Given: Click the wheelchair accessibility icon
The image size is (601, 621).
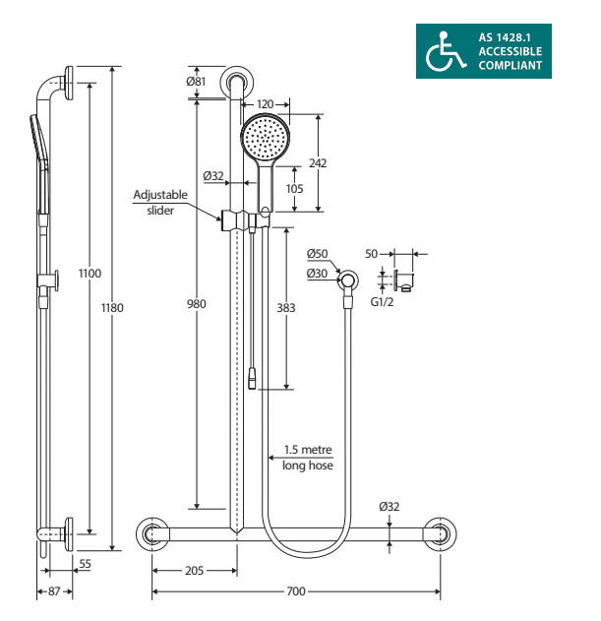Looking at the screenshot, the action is coord(445,52).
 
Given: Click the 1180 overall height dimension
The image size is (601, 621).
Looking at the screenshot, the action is coord(112,308).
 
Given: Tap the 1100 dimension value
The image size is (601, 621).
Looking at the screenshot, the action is coord(90,274).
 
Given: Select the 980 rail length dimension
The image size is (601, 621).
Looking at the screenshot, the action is coord(197,304).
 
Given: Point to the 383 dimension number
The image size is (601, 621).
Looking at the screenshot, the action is coord(286,308).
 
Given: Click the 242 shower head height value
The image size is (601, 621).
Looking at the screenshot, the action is coord(318,162).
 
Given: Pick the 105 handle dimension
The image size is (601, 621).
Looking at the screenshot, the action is coord(294,189).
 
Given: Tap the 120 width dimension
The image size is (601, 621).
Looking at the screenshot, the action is coord(265,104).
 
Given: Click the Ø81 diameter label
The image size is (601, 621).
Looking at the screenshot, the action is coord(196,81).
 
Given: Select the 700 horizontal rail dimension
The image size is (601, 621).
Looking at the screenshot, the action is coord(296,591).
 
